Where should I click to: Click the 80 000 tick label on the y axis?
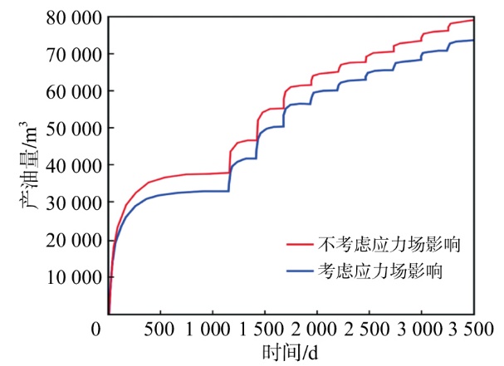75,17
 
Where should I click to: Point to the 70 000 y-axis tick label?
75,55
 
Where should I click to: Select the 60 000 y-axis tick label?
75,91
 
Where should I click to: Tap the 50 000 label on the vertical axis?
75,129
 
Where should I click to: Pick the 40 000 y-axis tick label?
75,166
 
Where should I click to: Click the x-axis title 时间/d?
289,352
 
